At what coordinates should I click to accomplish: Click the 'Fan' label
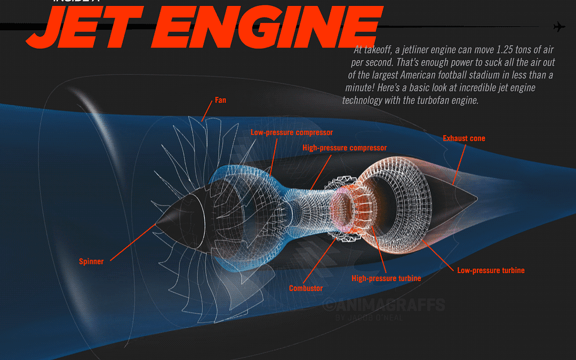[x=220, y=100]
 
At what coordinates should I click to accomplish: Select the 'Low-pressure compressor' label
[x=292, y=132]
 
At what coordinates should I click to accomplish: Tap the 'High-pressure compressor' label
[x=345, y=148]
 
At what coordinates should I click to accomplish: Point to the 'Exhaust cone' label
[x=463, y=139]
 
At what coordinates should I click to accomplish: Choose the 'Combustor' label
[x=306, y=289]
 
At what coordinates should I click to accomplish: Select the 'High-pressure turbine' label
[x=386, y=278]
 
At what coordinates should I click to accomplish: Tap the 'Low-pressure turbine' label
[x=491, y=270]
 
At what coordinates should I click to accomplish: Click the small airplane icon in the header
[x=559, y=27]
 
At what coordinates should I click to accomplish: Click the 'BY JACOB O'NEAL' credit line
[x=369, y=318]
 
